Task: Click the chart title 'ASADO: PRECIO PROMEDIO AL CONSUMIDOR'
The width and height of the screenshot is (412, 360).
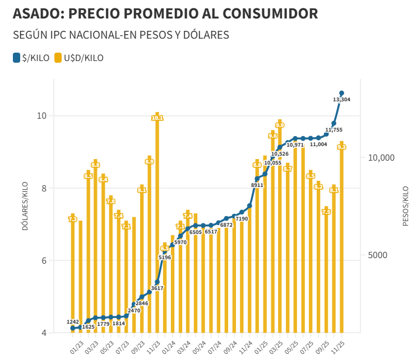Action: (165, 13)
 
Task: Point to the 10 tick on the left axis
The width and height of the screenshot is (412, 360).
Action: (41, 116)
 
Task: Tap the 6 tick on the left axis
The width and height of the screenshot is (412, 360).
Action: (43, 261)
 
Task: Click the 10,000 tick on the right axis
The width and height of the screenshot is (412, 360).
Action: (381, 158)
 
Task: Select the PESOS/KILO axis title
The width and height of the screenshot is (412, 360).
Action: (405, 205)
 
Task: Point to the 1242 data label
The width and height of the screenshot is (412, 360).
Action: (73, 322)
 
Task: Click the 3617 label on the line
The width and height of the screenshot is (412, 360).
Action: (158, 288)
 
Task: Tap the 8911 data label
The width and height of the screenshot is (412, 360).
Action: (257, 185)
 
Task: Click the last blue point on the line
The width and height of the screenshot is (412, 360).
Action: (341, 93)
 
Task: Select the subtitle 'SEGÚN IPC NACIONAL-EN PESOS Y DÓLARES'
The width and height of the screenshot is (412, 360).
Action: (121, 35)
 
